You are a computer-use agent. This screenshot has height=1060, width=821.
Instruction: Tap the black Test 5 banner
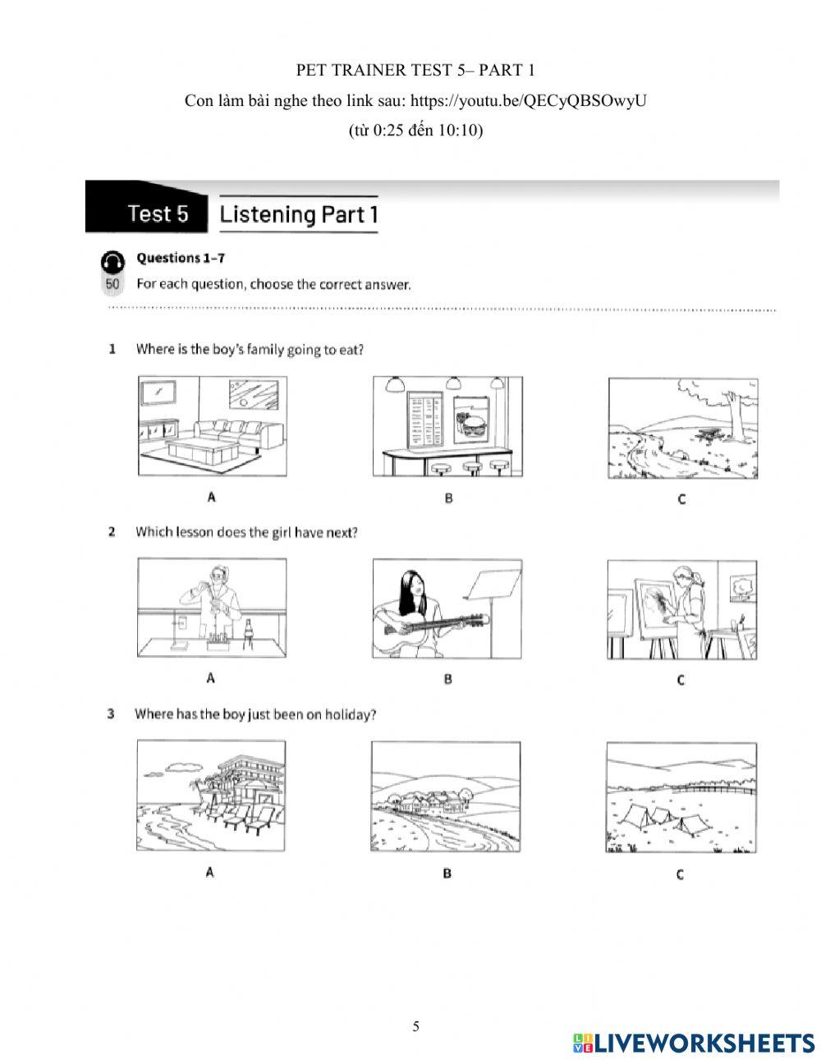tap(148, 213)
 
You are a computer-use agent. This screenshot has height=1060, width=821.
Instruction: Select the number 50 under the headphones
tap(112, 284)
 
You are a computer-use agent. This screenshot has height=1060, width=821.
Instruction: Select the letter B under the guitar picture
tap(448, 679)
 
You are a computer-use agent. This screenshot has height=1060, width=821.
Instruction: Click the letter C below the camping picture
tap(680, 874)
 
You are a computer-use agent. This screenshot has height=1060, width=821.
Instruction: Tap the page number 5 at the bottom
tap(416, 1026)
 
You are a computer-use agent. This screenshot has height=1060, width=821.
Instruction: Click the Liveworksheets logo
tap(694, 1042)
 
